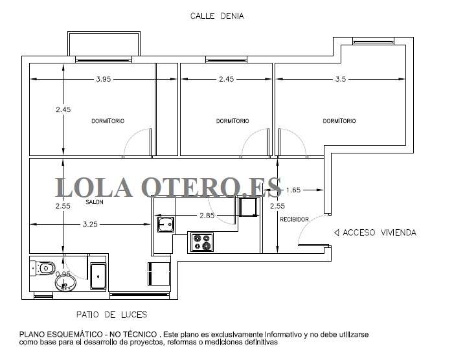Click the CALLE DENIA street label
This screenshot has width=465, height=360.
(x=217, y=16)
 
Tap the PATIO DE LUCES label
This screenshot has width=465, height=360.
(x=111, y=315)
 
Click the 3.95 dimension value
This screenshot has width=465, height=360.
(x=104, y=79)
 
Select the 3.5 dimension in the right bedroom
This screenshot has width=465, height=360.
(x=341, y=79)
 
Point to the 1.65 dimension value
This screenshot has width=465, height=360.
(x=293, y=190)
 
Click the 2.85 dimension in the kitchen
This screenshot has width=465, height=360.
(x=207, y=216)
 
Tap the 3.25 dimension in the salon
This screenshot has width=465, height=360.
(x=90, y=224)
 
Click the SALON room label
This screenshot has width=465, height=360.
(x=95, y=202)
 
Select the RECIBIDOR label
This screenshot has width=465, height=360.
(x=294, y=219)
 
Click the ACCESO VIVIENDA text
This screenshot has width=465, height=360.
(x=380, y=232)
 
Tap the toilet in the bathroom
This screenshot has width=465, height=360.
(x=43, y=268)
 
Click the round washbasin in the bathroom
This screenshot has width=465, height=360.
(x=65, y=283)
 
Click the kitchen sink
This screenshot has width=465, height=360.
(x=166, y=224)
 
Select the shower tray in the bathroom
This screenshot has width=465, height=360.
(x=98, y=276)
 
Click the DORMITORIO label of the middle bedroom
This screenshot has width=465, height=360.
(x=232, y=121)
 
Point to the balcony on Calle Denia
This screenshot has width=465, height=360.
(x=104, y=44)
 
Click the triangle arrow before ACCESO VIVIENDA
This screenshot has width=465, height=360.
(x=337, y=232)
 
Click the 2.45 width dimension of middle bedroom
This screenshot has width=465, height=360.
(x=226, y=79)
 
